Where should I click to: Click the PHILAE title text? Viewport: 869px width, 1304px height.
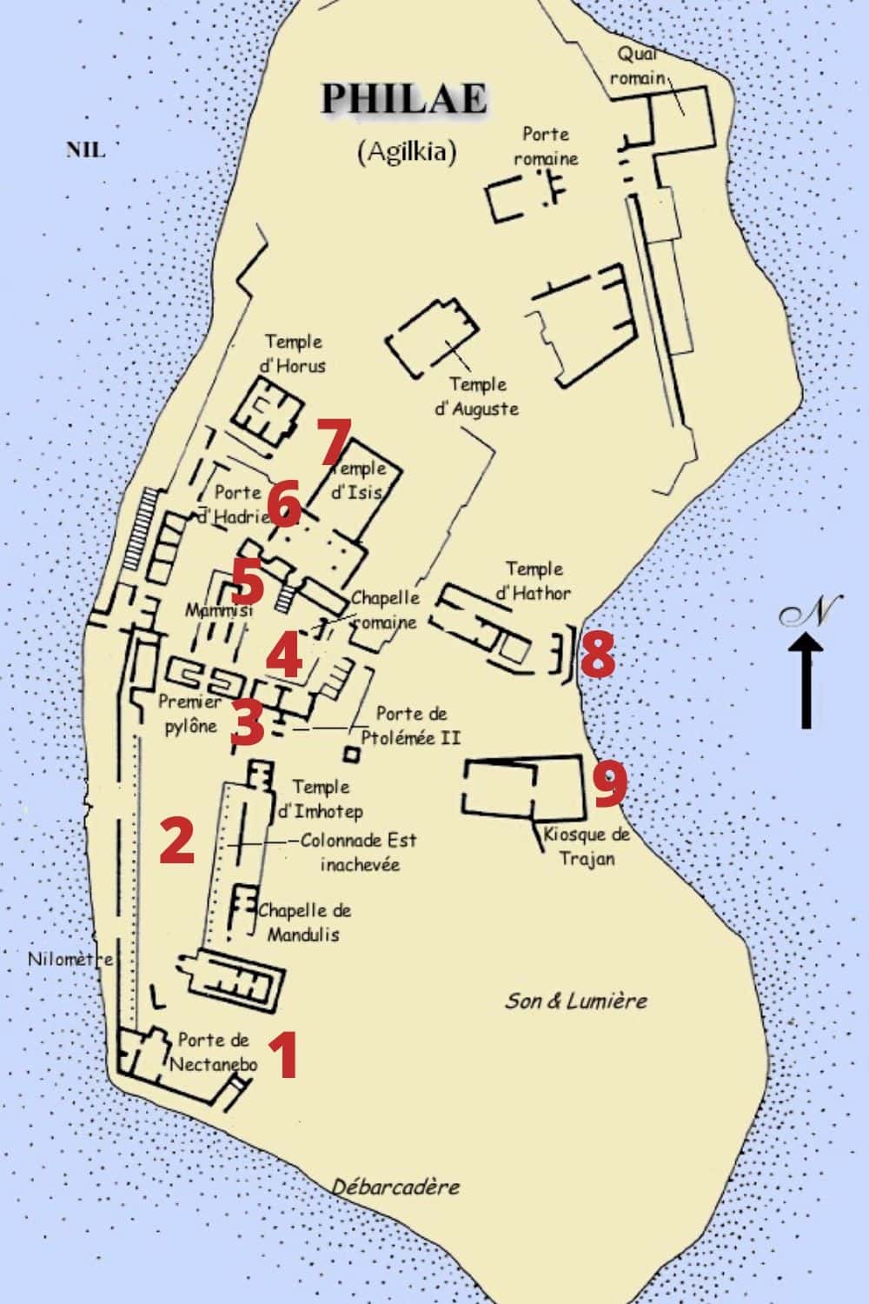tap(403, 99)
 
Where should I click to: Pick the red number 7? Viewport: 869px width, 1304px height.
tap(333, 442)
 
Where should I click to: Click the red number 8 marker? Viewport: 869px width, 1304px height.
tap(598, 654)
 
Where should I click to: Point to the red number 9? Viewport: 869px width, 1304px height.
tap(610, 783)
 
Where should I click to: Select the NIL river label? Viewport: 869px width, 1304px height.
tap(85, 150)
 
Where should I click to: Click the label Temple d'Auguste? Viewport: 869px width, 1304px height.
tap(477, 396)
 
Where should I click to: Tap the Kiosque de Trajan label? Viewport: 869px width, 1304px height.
tap(586, 846)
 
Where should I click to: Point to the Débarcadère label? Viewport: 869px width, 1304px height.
tap(395, 1187)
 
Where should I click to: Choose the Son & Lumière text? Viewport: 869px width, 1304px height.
tap(576, 1001)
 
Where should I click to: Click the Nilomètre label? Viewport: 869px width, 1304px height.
tap(70, 960)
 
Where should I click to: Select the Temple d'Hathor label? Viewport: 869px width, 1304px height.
tap(534, 581)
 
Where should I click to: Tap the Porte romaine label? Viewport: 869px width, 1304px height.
tap(546, 146)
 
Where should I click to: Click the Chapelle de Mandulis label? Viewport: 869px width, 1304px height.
tap(304, 922)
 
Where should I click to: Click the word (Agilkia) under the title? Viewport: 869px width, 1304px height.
tap(407, 151)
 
